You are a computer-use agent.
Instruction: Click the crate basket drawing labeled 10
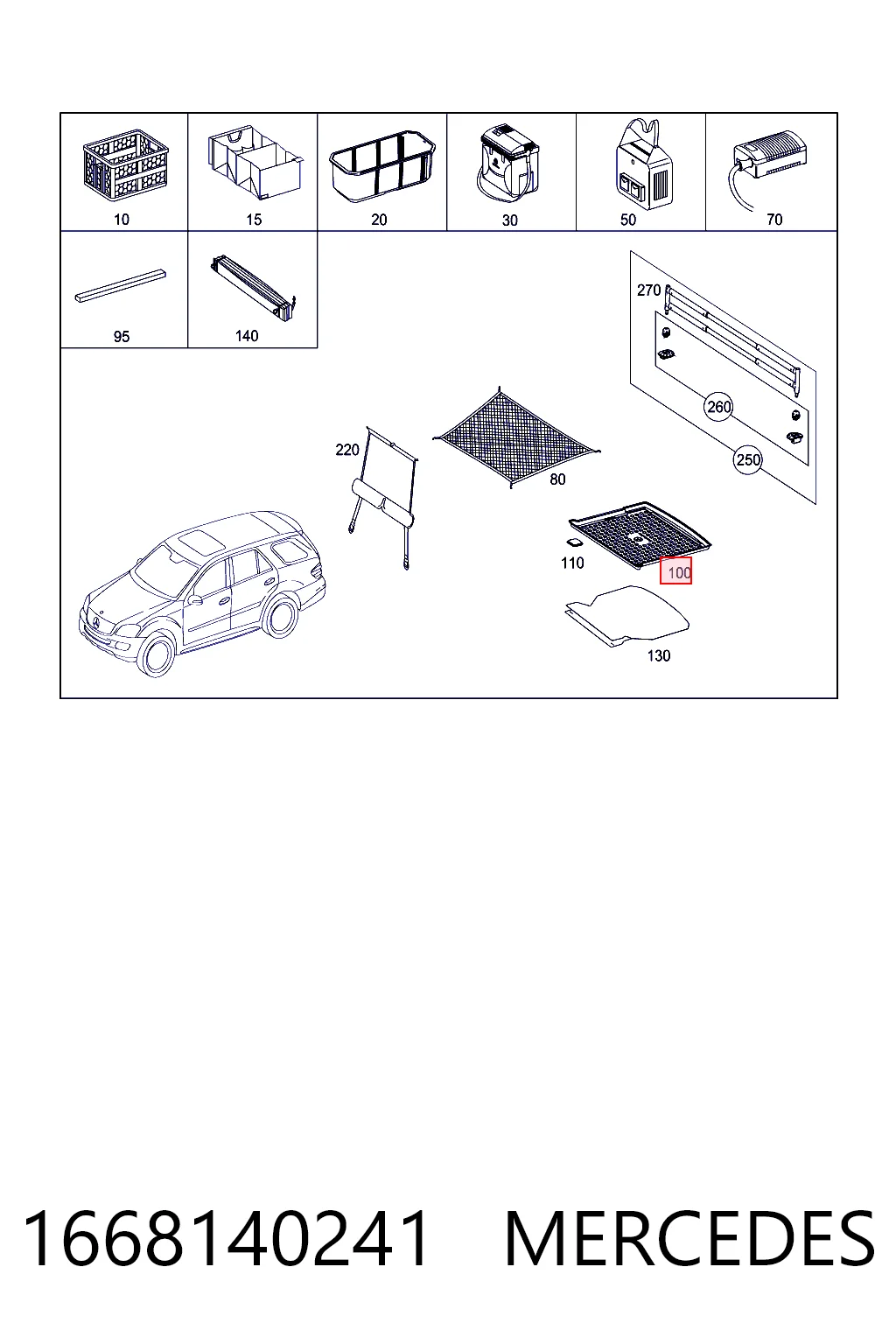coord(126,164)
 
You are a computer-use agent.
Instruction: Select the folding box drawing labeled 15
coord(255,161)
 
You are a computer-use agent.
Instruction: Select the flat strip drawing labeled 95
coord(121,286)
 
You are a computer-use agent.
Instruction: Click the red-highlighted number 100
coord(676,570)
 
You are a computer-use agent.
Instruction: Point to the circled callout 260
coord(718,408)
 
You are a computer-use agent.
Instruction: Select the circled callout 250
coord(748,460)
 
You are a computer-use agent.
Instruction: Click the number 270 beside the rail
coord(648,290)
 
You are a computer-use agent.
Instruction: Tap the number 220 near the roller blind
coord(346,450)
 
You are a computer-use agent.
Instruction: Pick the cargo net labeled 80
coord(515,437)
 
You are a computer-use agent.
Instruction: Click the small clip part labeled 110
coord(574,542)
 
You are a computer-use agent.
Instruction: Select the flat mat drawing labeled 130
coord(627,616)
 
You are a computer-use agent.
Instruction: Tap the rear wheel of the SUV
coord(280,616)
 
